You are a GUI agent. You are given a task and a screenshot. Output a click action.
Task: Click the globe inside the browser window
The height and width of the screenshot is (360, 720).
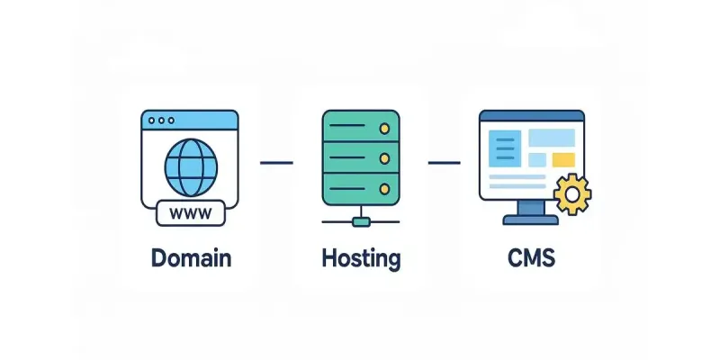[x=190, y=166]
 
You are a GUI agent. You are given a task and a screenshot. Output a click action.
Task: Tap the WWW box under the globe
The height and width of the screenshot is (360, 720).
[x=190, y=214]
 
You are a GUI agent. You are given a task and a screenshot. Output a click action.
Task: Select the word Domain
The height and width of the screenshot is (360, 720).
[x=191, y=258]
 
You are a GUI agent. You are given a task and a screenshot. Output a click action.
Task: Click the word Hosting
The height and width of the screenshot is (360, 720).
[x=360, y=258]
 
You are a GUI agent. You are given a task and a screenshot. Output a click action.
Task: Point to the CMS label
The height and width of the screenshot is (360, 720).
[x=531, y=259]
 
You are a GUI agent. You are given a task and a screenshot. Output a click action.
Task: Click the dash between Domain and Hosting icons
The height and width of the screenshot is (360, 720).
[x=276, y=163]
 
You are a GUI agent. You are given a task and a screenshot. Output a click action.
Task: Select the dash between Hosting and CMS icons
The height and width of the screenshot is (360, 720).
[x=445, y=163]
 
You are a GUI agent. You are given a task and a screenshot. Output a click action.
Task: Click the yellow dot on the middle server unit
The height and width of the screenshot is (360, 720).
[x=384, y=159]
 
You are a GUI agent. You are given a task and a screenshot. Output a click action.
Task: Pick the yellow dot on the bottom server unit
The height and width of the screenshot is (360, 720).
[x=384, y=189]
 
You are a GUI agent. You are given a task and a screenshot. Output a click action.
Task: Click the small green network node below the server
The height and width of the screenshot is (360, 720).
[x=360, y=220]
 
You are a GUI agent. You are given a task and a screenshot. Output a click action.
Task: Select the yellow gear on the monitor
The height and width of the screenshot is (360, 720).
[x=572, y=194]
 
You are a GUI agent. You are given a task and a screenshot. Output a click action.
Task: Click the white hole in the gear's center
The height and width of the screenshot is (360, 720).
[x=572, y=194]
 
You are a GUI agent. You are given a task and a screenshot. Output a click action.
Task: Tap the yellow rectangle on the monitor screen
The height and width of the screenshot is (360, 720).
[x=563, y=159]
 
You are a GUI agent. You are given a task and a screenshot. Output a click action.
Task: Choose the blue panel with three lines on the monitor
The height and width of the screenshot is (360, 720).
[x=505, y=148]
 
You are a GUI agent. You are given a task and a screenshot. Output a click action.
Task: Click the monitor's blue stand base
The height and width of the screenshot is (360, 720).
[x=531, y=220]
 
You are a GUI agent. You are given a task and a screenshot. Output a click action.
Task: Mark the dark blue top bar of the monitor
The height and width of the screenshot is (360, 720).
[x=531, y=115]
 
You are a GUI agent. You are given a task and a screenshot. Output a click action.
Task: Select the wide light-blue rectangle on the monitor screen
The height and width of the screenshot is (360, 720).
[x=551, y=138]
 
